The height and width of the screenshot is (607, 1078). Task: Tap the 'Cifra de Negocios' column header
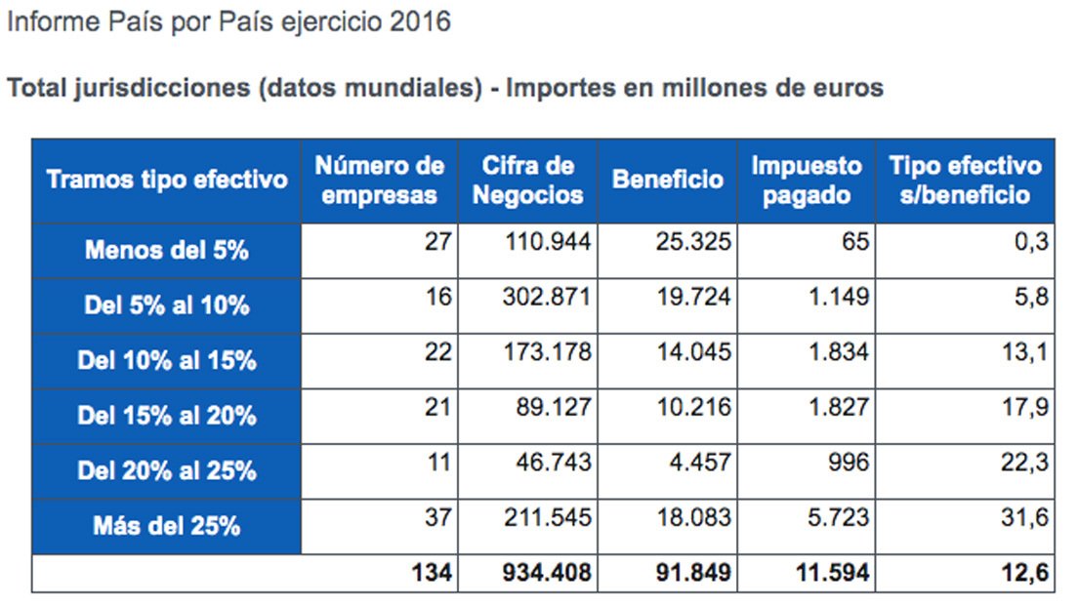click(x=527, y=181)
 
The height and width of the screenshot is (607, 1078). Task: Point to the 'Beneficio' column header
click(x=668, y=181)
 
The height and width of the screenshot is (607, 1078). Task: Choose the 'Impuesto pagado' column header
click(x=807, y=181)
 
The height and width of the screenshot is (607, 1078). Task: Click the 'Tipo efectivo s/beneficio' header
click(x=965, y=181)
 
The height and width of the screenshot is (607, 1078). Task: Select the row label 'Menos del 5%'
click(x=166, y=251)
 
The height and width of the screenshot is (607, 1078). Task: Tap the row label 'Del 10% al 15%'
click(x=166, y=361)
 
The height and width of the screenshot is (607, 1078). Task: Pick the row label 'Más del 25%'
click(x=166, y=527)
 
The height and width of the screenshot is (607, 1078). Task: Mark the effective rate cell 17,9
click(x=1024, y=408)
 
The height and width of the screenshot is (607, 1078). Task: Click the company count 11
click(x=438, y=463)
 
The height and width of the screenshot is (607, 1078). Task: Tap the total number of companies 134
click(x=433, y=573)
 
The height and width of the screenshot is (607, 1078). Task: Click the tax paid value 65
click(x=854, y=241)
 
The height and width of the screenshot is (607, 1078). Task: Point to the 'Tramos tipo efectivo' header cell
click(x=167, y=181)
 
